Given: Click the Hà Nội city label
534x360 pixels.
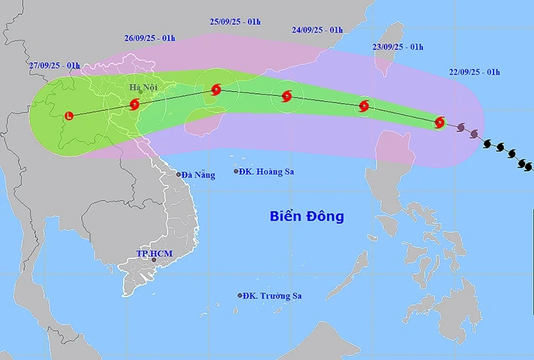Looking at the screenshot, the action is pos(143,87).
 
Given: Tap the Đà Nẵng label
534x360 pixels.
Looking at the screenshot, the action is pos(198,174).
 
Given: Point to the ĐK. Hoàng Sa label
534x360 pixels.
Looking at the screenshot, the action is pos(267,171).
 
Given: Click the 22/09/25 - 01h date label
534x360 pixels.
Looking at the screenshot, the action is pos(475,72).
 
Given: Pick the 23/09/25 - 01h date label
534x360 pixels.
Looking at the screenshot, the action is pos(397,47).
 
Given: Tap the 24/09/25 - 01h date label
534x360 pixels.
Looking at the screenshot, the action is pos(317,30).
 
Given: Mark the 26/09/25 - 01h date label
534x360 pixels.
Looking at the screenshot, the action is pos(150,38).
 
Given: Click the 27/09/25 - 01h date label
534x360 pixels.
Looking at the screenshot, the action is pos(54,65).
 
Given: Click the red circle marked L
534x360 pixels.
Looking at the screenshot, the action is pos(68,115).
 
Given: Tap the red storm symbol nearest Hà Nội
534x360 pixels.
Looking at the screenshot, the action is pos(135,105).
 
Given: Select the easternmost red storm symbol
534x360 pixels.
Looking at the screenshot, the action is pos(440,122).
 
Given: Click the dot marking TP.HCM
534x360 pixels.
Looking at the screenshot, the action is pos(153,261).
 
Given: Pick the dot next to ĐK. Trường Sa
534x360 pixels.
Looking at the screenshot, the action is pos(241,296).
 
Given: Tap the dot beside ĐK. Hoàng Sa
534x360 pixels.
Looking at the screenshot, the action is pos(236,171).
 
